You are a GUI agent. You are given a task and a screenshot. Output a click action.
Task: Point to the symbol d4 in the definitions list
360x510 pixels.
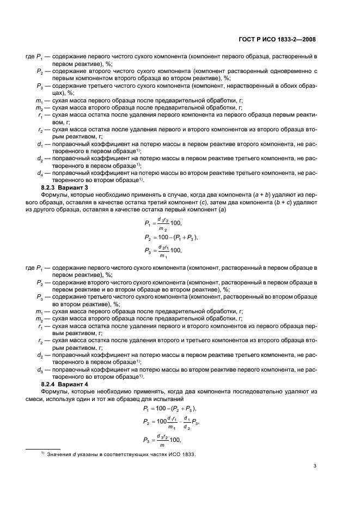click(x=40, y=173)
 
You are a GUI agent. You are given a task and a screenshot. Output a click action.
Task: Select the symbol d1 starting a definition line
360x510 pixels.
click(x=40, y=144)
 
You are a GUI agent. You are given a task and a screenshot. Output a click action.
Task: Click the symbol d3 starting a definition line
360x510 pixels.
click(x=40, y=370)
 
